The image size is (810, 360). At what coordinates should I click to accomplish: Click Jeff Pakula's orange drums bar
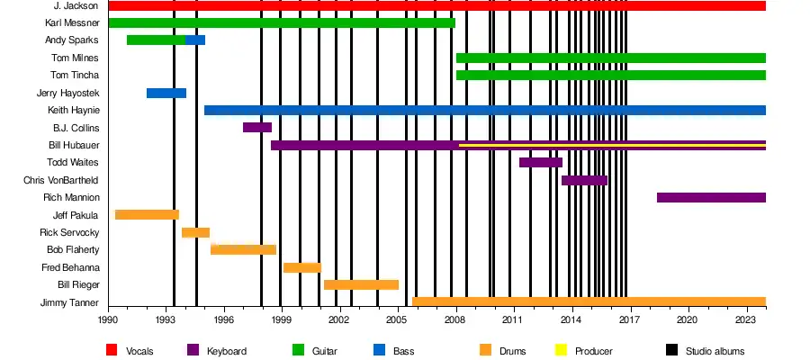pyautogui.click(x=147, y=214)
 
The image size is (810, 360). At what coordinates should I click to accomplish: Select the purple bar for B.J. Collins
pyautogui.click(x=256, y=127)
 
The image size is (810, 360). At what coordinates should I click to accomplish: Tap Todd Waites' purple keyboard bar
pyautogui.click(x=540, y=162)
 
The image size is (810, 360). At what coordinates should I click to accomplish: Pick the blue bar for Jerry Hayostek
pyautogui.click(x=166, y=93)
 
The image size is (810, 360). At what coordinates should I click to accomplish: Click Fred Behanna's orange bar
pyautogui.click(x=301, y=267)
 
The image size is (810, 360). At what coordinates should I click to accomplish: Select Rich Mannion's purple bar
pyautogui.click(x=711, y=197)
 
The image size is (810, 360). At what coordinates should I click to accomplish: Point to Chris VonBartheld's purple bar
pyautogui.click(x=584, y=180)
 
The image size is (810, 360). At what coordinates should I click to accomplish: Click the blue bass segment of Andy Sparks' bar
pyautogui.click(x=195, y=40)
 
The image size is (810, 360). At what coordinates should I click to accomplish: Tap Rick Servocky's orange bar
pyautogui.click(x=195, y=232)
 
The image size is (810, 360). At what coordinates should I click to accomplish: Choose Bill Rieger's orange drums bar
pyautogui.click(x=361, y=284)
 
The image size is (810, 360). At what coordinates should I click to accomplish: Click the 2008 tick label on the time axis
pyautogui.click(x=456, y=319)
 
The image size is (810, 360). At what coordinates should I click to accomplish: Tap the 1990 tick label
pyautogui.click(x=108, y=319)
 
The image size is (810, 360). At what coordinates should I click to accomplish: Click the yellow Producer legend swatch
pyautogui.click(x=562, y=350)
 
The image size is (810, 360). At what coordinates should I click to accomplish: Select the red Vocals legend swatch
pyautogui.click(x=112, y=350)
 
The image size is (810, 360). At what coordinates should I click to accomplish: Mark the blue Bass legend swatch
pyautogui.click(x=378, y=350)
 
